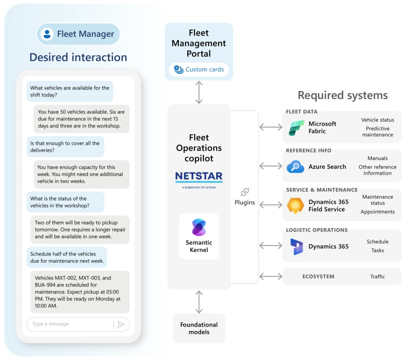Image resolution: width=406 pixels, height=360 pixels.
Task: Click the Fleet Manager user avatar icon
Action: click(x=47, y=34)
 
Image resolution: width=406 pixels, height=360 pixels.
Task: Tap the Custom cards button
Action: click(x=199, y=70)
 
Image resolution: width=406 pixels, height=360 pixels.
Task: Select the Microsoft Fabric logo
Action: click(x=297, y=128)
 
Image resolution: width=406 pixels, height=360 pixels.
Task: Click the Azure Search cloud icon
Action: click(x=295, y=167)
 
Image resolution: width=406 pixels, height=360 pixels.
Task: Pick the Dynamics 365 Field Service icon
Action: click(x=295, y=206)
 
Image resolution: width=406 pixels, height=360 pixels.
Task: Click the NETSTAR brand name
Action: click(x=199, y=176)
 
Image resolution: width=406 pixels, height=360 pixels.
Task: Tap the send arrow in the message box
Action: click(x=121, y=324)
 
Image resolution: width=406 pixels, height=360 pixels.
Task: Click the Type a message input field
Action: click(x=69, y=324)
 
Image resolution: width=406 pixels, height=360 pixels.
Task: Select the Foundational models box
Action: click(x=199, y=328)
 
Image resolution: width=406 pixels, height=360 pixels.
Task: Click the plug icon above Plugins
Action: click(x=245, y=192)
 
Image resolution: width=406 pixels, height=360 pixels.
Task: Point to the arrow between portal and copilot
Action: click(x=199, y=92)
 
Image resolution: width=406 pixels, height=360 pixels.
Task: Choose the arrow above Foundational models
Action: click(x=199, y=301)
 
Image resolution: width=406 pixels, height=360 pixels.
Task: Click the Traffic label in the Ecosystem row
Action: click(x=377, y=276)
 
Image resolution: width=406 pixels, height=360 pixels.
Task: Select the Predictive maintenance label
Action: click(x=377, y=131)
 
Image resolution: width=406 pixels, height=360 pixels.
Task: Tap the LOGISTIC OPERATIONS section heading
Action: click(x=317, y=230)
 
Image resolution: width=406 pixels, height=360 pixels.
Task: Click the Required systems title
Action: click(x=343, y=95)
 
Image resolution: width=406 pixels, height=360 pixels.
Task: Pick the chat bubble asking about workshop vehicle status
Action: click(x=65, y=202)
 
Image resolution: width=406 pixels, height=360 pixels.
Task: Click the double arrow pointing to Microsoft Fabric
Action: click(x=270, y=127)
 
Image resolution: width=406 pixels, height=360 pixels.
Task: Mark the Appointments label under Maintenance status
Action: click(x=377, y=212)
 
